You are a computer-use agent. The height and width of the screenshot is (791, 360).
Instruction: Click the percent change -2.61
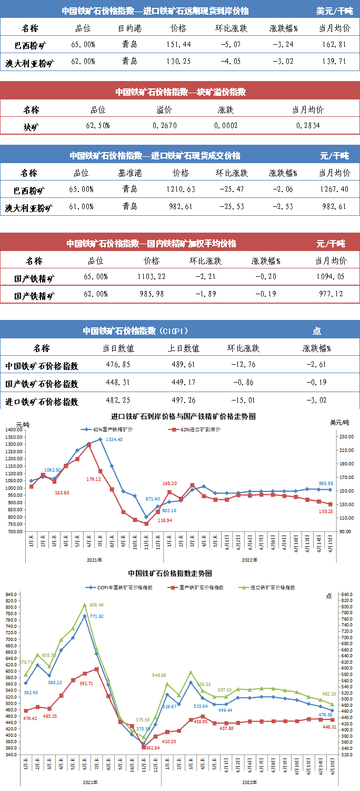coord(316,365)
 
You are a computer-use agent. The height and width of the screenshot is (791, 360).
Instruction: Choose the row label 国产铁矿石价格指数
coord(42,383)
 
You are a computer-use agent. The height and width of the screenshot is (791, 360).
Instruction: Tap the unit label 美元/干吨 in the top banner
coord(334,11)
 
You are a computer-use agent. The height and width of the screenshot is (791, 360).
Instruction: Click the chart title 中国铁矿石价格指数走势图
coord(169,573)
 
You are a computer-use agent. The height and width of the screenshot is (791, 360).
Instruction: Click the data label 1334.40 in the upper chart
coord(114,439)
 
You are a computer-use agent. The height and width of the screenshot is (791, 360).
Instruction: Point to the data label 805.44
coord(98,605)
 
